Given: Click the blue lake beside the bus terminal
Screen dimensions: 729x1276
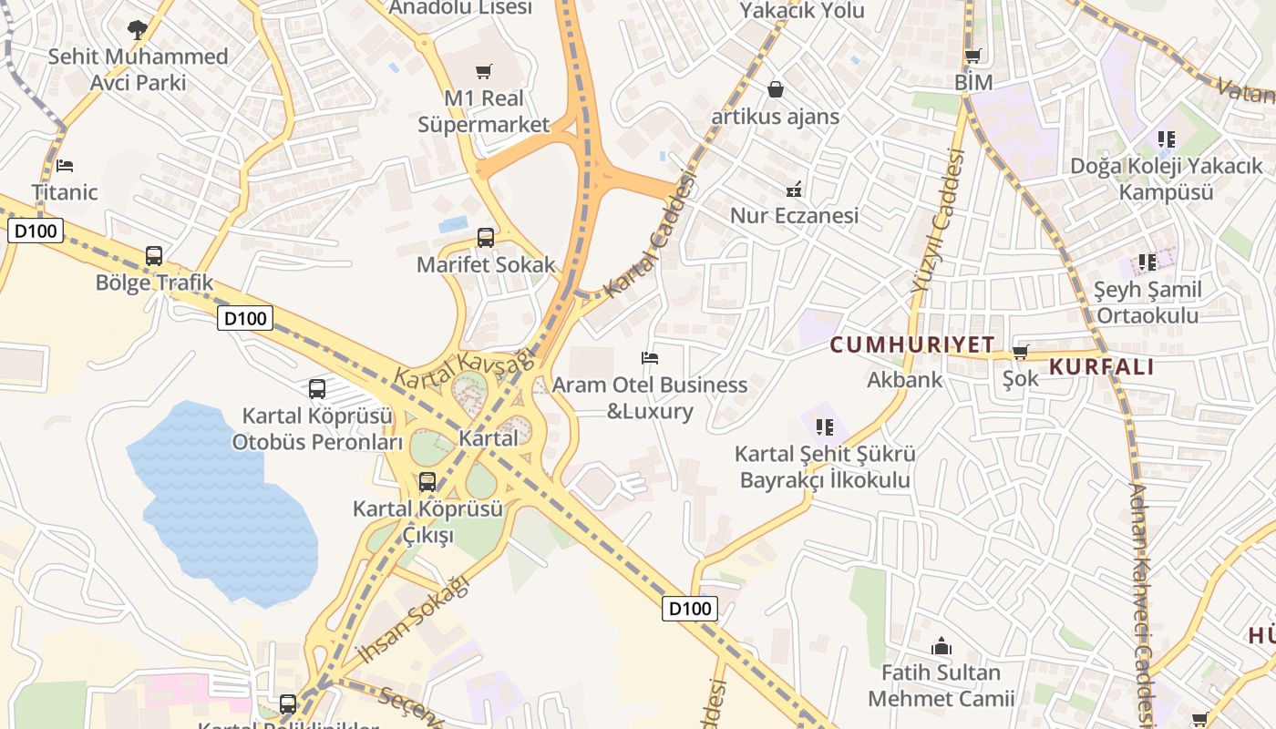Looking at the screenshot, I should [x=223, y=501].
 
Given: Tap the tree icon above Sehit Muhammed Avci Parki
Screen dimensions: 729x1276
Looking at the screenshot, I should [x=138, y=30].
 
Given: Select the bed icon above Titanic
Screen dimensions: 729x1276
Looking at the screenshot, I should [x=64, y=166].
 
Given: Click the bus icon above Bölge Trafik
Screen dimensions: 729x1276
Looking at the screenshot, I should [x=154, y=256].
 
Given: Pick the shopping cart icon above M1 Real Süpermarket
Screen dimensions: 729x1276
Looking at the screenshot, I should [x=484, y=71].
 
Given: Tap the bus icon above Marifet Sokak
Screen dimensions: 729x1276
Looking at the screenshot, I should [x=486, y=238].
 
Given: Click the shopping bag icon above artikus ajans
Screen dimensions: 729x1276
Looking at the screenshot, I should [x=776, y=89].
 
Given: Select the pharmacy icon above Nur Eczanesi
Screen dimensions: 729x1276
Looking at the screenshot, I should [x=794, y=190].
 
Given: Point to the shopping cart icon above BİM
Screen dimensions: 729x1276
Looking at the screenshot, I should [x=973, y=56].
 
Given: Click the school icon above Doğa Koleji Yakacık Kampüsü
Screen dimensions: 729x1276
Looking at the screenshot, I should [x=1166, y=139].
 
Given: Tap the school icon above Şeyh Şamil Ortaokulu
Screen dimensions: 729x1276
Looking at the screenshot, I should [x=1147, y=262].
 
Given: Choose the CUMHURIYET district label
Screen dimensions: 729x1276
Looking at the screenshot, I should [x=912, y=344].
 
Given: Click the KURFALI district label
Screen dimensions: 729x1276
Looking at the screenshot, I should [x=1102, y=367].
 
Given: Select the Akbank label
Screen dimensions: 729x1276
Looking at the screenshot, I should [x=904, y=379].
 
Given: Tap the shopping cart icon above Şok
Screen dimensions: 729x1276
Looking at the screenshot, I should [x=1020, y=353].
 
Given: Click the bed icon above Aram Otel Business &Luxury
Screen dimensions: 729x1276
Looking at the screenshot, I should [x=650, y=358].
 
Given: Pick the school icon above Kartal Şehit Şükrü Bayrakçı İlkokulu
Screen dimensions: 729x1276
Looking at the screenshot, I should [x=825, y=426].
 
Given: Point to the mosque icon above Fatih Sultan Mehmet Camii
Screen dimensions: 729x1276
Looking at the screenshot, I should [x=941, y=647].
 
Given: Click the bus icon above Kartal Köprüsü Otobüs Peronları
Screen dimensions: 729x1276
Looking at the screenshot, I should [x=317, y=389].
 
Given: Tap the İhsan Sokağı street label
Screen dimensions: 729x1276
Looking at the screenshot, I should [x=413, y=619].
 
